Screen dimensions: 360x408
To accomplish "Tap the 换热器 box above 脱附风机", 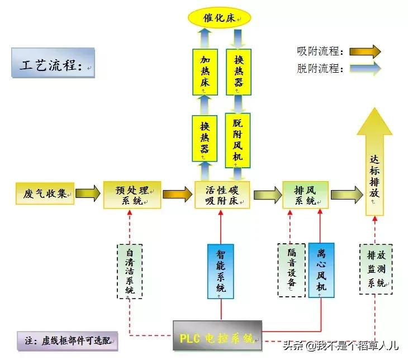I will (x=238, y=72).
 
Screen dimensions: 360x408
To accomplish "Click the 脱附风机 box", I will (x=238, y=140).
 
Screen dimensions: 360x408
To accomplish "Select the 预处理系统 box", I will (x=132, y=194).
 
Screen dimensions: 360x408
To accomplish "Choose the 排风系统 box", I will (x=305, y=194).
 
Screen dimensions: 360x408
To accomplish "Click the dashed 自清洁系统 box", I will (x=130, y=270).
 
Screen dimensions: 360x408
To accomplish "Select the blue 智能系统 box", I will (x=221, y=271).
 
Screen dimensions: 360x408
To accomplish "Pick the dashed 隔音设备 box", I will (x=291, y=269).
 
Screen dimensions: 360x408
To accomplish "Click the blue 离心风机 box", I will (x=321, y=269).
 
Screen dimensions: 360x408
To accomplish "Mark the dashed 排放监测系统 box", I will (x=375, y=269).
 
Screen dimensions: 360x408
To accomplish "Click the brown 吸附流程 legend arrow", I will (x=365, y=52).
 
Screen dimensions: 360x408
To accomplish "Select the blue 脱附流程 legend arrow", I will (x=365, y=69).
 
